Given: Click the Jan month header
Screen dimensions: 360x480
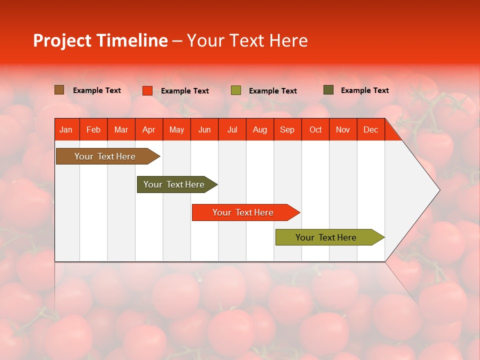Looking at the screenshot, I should tap(66, 130).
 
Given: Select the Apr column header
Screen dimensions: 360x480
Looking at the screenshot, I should tap(149, 130).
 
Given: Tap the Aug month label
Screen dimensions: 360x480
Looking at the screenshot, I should tap(260, 130).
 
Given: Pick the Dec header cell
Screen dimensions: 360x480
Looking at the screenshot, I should tap(370, 130).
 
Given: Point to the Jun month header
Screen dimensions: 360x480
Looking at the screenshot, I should tap(204, 130).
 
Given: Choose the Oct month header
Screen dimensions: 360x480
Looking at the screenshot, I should tap(315, 130).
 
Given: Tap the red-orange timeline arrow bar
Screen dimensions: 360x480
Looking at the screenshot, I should tap(243, 212).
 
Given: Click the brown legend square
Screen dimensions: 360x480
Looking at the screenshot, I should tap(59, 90).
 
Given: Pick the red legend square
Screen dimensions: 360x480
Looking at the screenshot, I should tap(147, 90).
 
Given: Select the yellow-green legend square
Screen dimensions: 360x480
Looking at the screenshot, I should tap(236, 90).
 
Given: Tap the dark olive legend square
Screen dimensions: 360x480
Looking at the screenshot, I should tap(328, 90).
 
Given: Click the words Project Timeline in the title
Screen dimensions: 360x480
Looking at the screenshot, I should tap(100, 40).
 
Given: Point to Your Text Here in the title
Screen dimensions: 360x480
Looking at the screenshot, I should tap(247, 40).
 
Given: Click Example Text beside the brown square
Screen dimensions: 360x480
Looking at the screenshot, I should tap(97, 90).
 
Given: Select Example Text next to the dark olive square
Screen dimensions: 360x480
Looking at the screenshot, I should tap(365, 90).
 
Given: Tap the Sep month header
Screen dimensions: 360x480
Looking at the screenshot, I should tap(287, 130).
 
